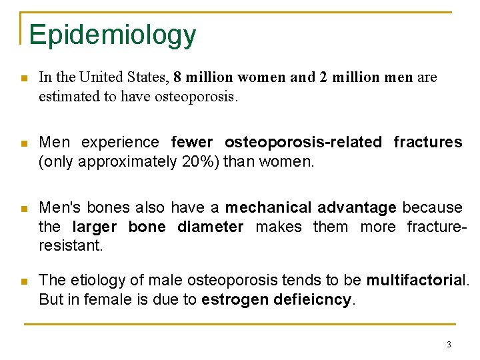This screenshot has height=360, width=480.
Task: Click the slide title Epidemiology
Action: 112,35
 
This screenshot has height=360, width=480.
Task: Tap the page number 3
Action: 449,344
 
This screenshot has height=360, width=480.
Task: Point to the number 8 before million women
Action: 177,77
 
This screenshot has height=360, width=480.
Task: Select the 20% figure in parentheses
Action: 197,161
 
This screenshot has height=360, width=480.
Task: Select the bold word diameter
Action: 210,227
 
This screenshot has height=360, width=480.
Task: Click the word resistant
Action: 70,245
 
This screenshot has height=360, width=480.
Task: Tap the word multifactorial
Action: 417,281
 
